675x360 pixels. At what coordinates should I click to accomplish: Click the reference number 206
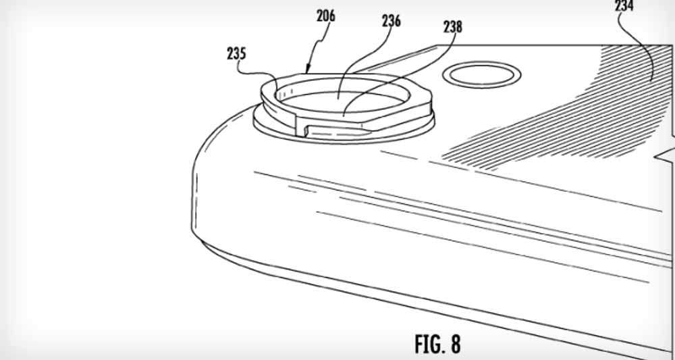click(326, 16)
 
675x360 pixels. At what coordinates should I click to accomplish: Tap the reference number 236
click(391, 21)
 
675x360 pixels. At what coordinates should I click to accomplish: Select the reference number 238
click(453, 28)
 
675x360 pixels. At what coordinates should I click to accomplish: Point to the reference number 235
click(236, 54)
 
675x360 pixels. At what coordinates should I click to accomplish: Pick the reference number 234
click(624, 6)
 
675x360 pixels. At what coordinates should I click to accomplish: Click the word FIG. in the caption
click(427, 344)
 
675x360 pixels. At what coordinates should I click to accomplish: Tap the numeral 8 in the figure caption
click(455, 344)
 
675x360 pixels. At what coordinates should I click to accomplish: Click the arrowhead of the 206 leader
click(307, 69)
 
